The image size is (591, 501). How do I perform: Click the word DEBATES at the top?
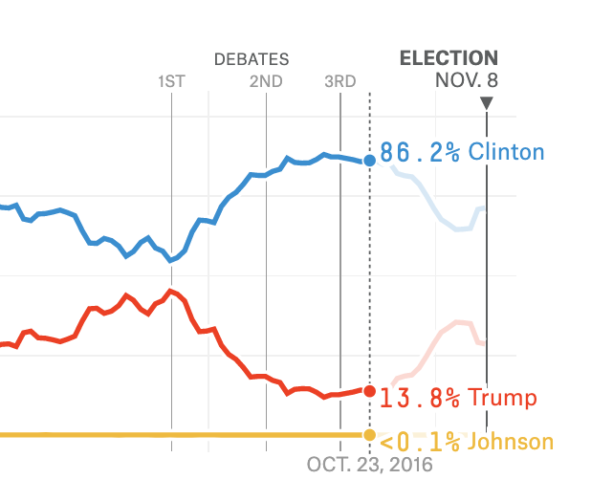(x=251, y=59)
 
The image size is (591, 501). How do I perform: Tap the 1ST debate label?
(x=171, y=81)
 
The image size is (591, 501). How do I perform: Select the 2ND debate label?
(x=266, y=81)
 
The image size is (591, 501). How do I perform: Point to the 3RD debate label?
(x=339, y=81)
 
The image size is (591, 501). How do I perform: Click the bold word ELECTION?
(x=449, y=58)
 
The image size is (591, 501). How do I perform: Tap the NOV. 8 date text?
(x=466, y=80)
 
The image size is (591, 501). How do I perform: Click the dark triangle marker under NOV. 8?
(x=487, y=103)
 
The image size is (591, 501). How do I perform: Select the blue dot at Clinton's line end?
(x=369, y=162)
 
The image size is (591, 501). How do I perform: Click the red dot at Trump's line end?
(x=369, y=390)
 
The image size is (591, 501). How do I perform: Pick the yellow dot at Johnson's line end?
(x=369, y=436)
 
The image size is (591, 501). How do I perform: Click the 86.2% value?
(x=420, y=152)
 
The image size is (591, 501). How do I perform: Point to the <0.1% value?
(x=420, y=442)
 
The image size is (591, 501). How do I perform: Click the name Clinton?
(x=506, y=152)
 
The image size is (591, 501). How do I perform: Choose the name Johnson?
(x=510, y=442)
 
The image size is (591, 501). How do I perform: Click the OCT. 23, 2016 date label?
(x=369, y=466)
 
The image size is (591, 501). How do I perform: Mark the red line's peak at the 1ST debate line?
(x=171, y=290)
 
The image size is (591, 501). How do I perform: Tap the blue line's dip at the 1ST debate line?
(x=171, y=259)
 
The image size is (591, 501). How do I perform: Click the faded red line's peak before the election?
(x=463, y=322)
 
